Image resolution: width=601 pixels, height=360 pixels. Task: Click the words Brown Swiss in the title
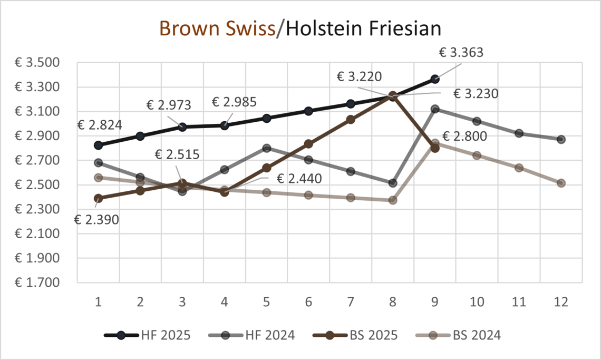coord(217,28)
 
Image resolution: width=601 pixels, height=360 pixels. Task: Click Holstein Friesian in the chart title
coord(362,28)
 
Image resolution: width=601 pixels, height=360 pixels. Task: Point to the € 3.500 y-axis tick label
coord(37,63)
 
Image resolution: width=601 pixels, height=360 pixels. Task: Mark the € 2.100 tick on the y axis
coord(37,234)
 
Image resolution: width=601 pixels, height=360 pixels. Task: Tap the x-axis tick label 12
coord(561,302)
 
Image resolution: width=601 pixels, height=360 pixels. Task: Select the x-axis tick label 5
coord(266,302)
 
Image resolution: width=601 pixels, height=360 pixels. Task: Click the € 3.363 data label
coord(461,52)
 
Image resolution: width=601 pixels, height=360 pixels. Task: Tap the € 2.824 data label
coord(100,125)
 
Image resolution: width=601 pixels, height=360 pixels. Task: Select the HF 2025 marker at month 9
coord(435,79)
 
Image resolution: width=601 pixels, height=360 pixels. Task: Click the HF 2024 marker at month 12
coord(561,140)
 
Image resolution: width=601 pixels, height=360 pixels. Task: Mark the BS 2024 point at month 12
coord(561,183)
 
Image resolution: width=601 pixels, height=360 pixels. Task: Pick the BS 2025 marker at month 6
coord(308,144)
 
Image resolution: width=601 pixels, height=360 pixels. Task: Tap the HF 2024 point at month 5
coord(266,148)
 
